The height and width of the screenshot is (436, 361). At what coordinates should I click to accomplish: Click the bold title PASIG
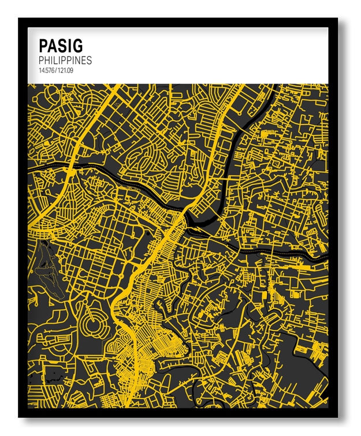61,45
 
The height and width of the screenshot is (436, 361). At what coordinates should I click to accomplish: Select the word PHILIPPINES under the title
65,60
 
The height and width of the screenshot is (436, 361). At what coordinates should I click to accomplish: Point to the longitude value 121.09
66,70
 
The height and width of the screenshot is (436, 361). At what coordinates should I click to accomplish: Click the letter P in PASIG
43,45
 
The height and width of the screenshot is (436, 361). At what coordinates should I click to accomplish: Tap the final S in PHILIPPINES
89,60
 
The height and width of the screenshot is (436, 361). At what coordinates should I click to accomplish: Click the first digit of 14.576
40,70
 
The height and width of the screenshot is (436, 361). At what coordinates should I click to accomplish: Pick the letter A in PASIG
53,45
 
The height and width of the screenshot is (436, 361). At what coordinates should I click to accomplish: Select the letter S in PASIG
62,45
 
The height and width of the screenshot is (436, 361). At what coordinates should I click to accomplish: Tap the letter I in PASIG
69,45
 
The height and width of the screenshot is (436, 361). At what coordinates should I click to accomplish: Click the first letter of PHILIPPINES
42,60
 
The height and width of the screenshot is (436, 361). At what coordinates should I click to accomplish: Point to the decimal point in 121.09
66,72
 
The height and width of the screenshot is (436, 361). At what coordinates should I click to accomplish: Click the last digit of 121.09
72,70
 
